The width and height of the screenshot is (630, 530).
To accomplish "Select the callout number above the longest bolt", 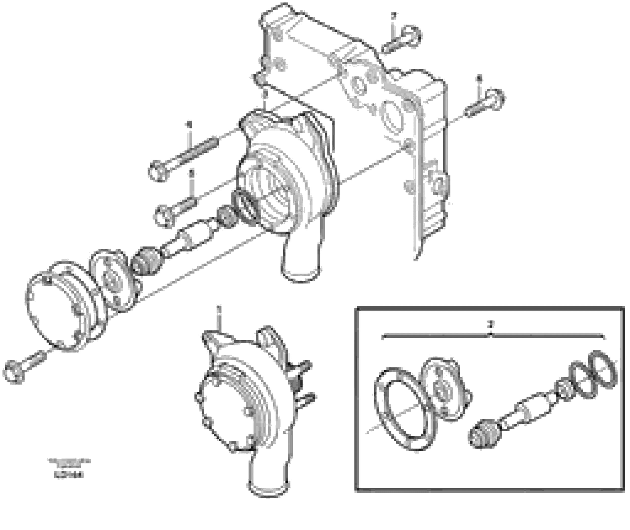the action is [x=189, y=124].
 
